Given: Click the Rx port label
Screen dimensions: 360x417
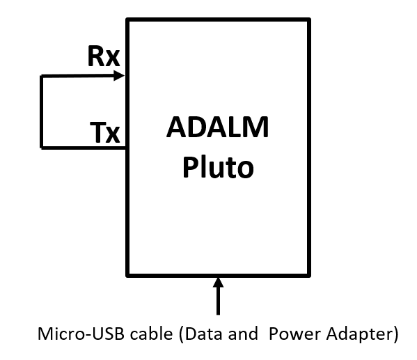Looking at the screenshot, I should coord(104,57).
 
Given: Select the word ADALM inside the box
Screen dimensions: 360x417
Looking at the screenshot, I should coord(218,129).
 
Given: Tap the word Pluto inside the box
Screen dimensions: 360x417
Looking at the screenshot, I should coord(218,168).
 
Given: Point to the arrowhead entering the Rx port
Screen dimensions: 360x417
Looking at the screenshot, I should coord(118,75).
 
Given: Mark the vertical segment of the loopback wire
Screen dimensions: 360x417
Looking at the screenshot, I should coord(41,111).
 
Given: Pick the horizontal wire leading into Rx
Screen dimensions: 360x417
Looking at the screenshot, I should coord(77,75).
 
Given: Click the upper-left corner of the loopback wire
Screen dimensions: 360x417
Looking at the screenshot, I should coord(41,75).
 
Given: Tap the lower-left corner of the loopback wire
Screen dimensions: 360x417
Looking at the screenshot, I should coord(41,148).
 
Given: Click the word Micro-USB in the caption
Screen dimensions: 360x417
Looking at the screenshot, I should coord(71,334).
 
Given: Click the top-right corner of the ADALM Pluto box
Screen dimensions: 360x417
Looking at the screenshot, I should coord(309,19).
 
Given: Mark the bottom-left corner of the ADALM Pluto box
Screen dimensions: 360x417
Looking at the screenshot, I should coord(127,274).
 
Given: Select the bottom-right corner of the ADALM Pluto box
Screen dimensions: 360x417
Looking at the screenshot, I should coord(309,274).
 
